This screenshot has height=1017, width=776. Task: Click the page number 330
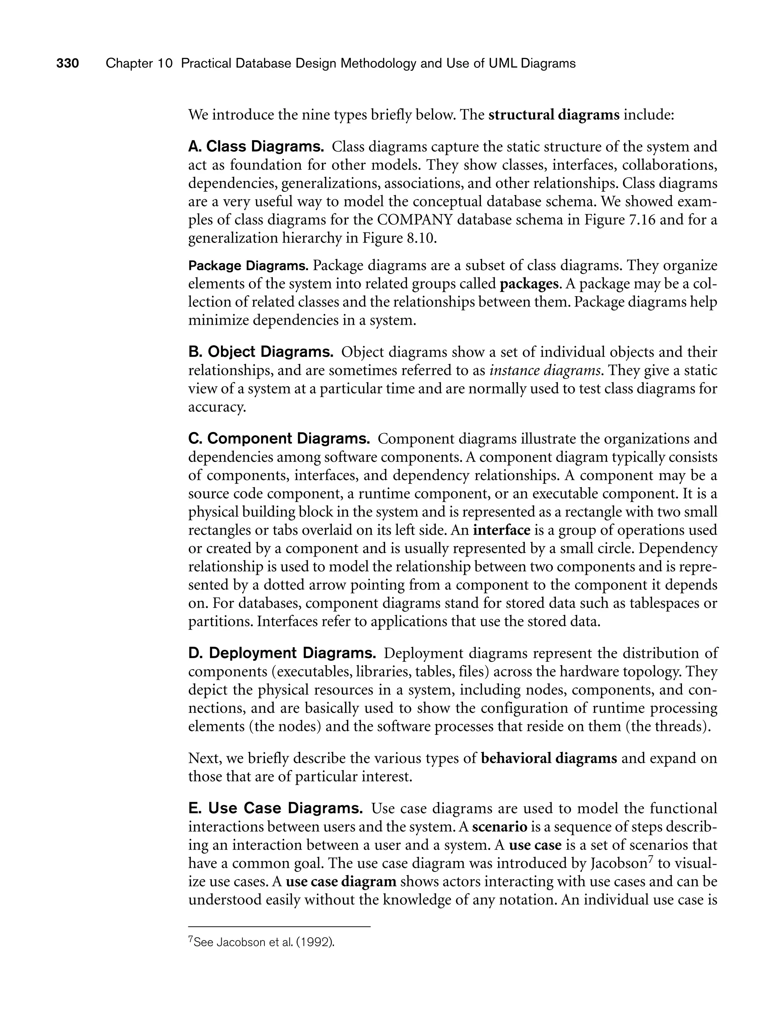click(67, 63)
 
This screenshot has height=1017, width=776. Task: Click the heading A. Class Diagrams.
click(256, 147)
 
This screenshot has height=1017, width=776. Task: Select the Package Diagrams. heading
click(248, 266)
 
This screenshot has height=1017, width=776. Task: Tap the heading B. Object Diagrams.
click(261, 352)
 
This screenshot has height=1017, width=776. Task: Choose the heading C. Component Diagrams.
click(279, 438)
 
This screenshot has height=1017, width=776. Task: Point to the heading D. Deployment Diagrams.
click(282, 653)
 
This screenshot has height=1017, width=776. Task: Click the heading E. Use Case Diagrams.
click(276, 808)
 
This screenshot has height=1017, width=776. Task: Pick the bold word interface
click(502, 530)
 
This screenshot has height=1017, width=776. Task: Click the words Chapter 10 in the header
click(139, 63)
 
